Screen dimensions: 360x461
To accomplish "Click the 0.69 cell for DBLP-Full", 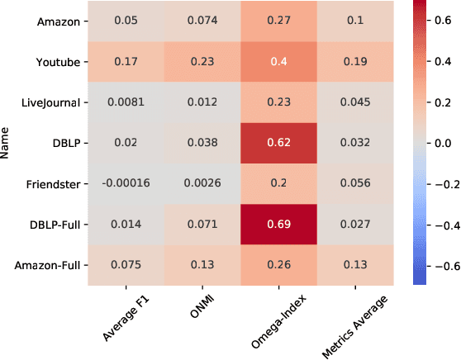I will click(291, 223).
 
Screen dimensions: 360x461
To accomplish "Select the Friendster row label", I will click(53, 182).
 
